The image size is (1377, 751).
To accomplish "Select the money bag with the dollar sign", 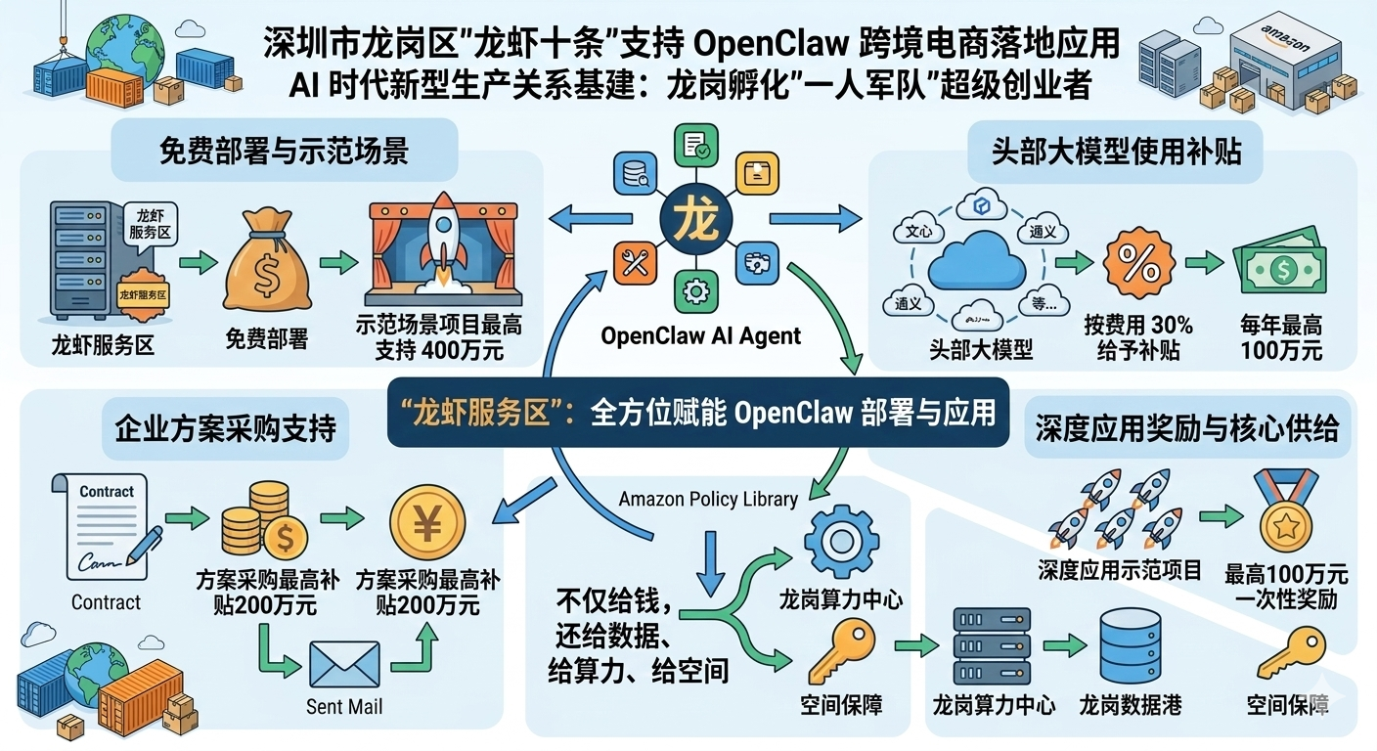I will pyautogui.click(x=266, y=268).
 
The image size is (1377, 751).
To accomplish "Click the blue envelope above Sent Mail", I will pyautogui.click(x=344, y=665).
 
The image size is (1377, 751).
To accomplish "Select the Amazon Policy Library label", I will pyautogui.click(x=708, y=499).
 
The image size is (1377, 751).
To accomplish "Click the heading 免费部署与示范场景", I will pyautogui.click(x=284, y=151).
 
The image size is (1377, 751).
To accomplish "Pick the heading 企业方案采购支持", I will pyautogui.click(x=226, y=427).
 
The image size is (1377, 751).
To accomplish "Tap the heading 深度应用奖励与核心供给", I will pyautogui.click(x=1186, y=428).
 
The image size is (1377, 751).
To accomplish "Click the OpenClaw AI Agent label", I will pyautogui.click(x=700, y=336).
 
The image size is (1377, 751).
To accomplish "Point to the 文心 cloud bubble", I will pyautogui.click(x=919, y=232).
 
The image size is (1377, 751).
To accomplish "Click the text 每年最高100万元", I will pyautogui.click(x=1280, y=337).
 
